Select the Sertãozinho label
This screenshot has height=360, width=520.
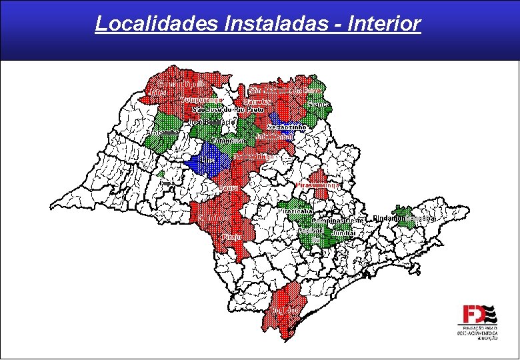[287, 127]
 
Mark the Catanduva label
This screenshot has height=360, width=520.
[229, 141]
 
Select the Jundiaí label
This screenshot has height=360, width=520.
[343, 232]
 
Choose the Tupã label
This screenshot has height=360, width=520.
[168, 181]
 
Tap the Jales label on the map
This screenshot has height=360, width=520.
[157, 91]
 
